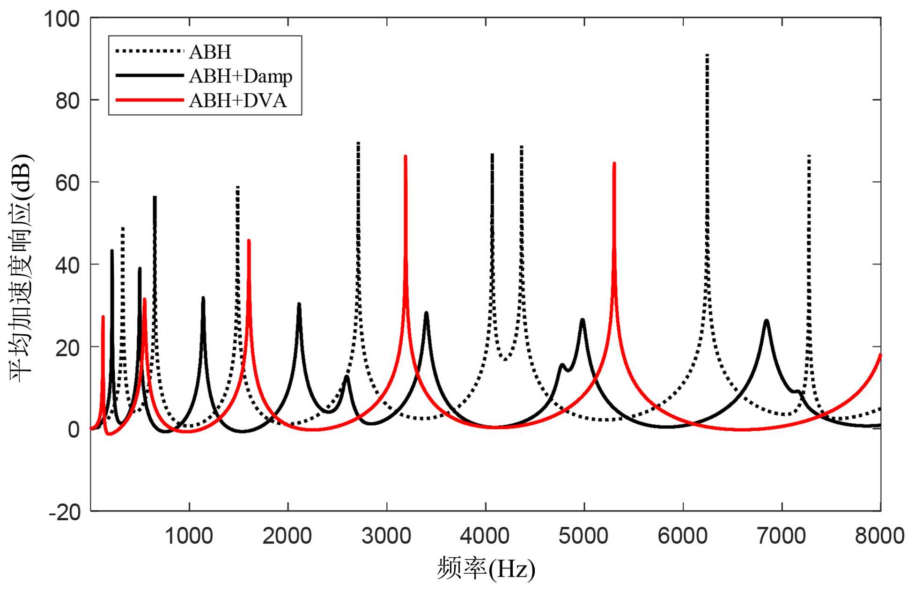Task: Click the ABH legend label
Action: (x=210, y=52)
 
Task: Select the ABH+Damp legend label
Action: (x=241, y=76)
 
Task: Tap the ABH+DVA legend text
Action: (x=237, y=101)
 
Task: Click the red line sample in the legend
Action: (x=149, y=100)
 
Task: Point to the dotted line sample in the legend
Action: (x=149, y=51)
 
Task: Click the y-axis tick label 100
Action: (x=61, y=20)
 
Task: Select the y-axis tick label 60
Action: (x=67, y=183)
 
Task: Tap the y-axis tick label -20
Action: (x=64, y=512)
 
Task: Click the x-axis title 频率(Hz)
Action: (x=486, y=569)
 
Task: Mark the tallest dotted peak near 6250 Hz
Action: (x=707, y=55)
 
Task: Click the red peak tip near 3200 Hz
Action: (x=406, y=157)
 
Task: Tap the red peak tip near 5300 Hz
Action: (x=614, y=164)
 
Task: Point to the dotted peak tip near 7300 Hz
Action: (x=809, y=156)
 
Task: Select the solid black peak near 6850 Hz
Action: (x=767, y=321)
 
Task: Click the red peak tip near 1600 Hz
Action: (x=249, y=241)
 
